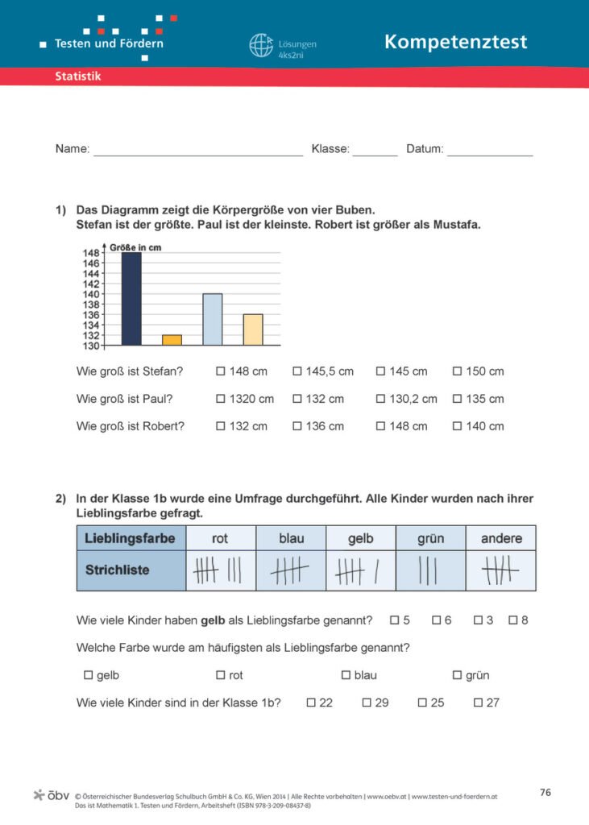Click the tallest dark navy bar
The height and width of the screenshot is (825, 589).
point(131,299)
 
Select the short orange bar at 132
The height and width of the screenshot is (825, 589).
point(172,340)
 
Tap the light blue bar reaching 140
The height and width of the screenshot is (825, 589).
point(212,320)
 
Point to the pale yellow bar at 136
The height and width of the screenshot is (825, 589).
point(253,330)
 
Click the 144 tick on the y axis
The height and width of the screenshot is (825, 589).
point(90,273)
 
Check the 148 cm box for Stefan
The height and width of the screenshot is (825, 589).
point(221,371)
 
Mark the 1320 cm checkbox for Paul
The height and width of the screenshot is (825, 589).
point(221,399)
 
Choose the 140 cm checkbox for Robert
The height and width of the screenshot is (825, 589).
point(458,426)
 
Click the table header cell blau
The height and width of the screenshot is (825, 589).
point(291,538)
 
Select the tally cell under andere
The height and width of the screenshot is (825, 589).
point(501,570)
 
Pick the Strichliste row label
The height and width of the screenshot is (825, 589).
point(118,570)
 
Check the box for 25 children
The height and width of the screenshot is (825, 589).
point(422,703)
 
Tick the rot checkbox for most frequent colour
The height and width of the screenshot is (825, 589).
point(221,675)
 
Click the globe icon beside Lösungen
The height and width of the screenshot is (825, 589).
point(261,45)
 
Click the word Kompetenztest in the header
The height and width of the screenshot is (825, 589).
point(455,42)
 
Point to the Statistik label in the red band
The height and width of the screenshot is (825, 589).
point(77,77)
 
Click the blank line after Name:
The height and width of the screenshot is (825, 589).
point(198,150)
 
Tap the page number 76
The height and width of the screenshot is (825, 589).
point(545,793)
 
